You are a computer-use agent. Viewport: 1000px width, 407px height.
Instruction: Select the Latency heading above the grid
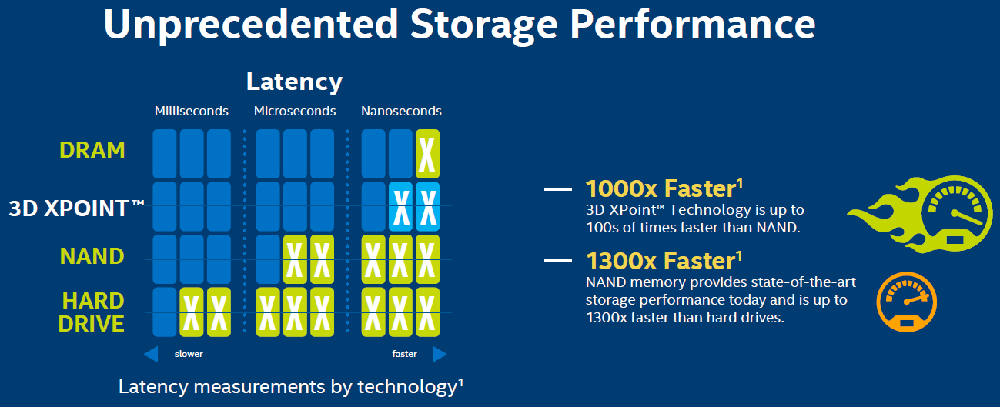[294, 82]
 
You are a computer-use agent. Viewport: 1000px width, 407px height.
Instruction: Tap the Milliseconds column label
[191, 111]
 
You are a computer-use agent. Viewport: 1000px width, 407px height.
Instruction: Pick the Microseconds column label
[295, 111]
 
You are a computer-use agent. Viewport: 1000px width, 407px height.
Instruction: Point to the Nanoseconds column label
[401, 111]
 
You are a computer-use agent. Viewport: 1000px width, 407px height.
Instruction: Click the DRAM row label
[92, 149]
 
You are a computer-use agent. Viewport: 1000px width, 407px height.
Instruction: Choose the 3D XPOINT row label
[76, 208]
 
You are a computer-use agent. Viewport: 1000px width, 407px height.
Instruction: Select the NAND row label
[92, 255]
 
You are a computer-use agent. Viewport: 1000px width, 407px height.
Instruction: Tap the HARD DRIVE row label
[92, 311]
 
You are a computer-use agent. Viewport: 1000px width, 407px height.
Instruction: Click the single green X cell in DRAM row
[427, 154]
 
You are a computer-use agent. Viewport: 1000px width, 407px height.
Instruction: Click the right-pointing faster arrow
[439, 354]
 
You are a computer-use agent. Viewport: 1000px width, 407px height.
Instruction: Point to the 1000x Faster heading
[660, 188]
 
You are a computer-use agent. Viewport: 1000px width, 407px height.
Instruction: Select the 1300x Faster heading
[660, 261]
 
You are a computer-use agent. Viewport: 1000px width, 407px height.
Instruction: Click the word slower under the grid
[189, 355]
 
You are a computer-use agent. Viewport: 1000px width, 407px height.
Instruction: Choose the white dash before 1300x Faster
[559, 262]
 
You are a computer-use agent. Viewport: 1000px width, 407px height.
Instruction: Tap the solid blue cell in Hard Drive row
[165, 312]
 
